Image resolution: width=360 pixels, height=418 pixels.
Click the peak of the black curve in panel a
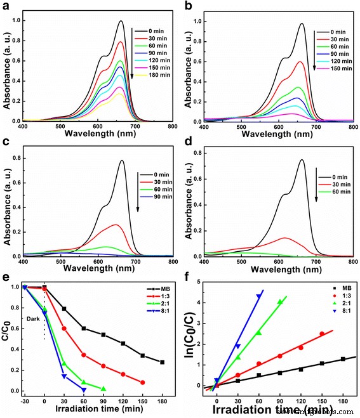coord(121,21)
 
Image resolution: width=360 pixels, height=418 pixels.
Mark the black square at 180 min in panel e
coord(163,362)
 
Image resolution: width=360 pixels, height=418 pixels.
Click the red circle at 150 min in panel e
coord(143,382)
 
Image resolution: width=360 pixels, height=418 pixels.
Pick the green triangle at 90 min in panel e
coord(103,389)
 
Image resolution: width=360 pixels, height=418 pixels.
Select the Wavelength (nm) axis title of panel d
coord(277,269)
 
